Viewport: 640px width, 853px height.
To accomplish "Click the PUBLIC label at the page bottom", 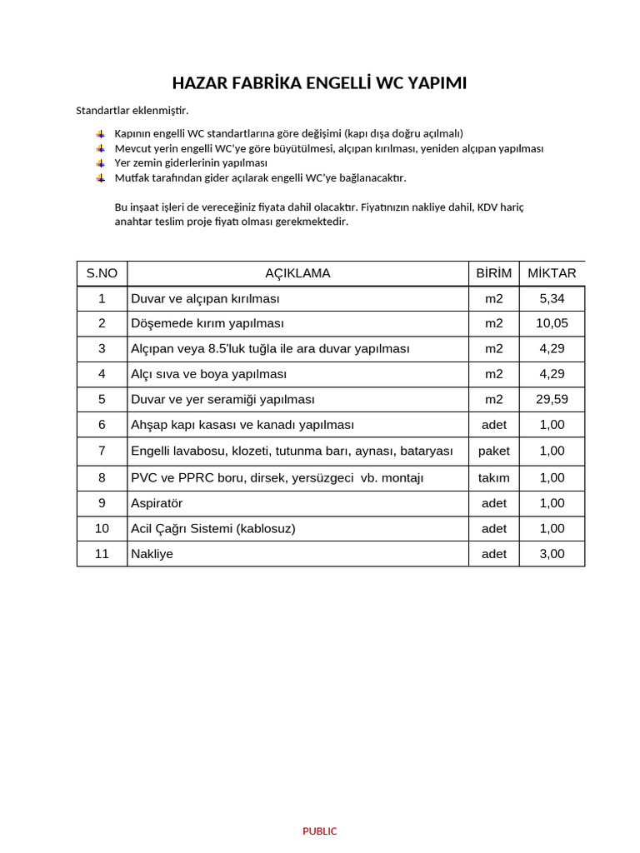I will (x=320, y=831).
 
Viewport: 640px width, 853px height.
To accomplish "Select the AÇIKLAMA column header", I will (x=297, y=273).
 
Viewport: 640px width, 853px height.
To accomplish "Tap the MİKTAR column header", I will (x=552, y=273).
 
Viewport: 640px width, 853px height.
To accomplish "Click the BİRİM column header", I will (x=493, y=273).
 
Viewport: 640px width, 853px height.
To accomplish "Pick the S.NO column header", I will (x=102, y=273).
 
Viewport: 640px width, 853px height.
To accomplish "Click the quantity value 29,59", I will (x=552, y=399).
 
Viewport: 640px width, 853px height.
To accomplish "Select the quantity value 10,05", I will (x=552, y=323).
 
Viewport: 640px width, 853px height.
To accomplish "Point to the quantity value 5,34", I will (x=552, y=298).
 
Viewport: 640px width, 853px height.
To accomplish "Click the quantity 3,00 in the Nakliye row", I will (x=552, y=553).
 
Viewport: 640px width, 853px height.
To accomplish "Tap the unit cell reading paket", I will (x=493, y=451).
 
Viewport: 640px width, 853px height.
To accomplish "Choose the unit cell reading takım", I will (x=493, y=478).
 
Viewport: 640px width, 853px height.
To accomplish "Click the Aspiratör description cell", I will (x=157, y=503).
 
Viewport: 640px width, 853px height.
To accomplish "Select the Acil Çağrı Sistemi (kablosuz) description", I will (x=213, y=528).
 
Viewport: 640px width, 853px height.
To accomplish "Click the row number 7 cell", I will (x=102, y=451).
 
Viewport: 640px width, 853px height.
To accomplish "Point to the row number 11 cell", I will (x=102, y=553).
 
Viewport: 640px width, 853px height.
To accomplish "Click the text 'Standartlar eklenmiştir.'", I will (x=132, y=110).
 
